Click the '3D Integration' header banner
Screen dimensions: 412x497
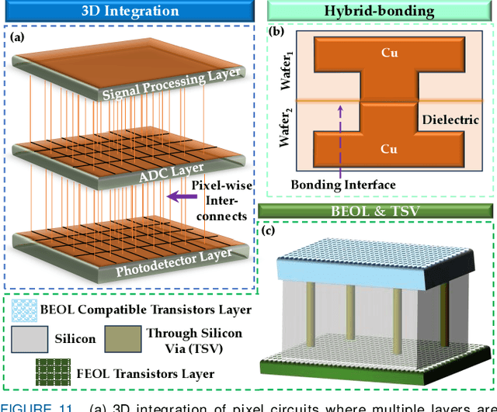(x=129, y=11)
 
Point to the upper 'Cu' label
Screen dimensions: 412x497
(x=389, y=55)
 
